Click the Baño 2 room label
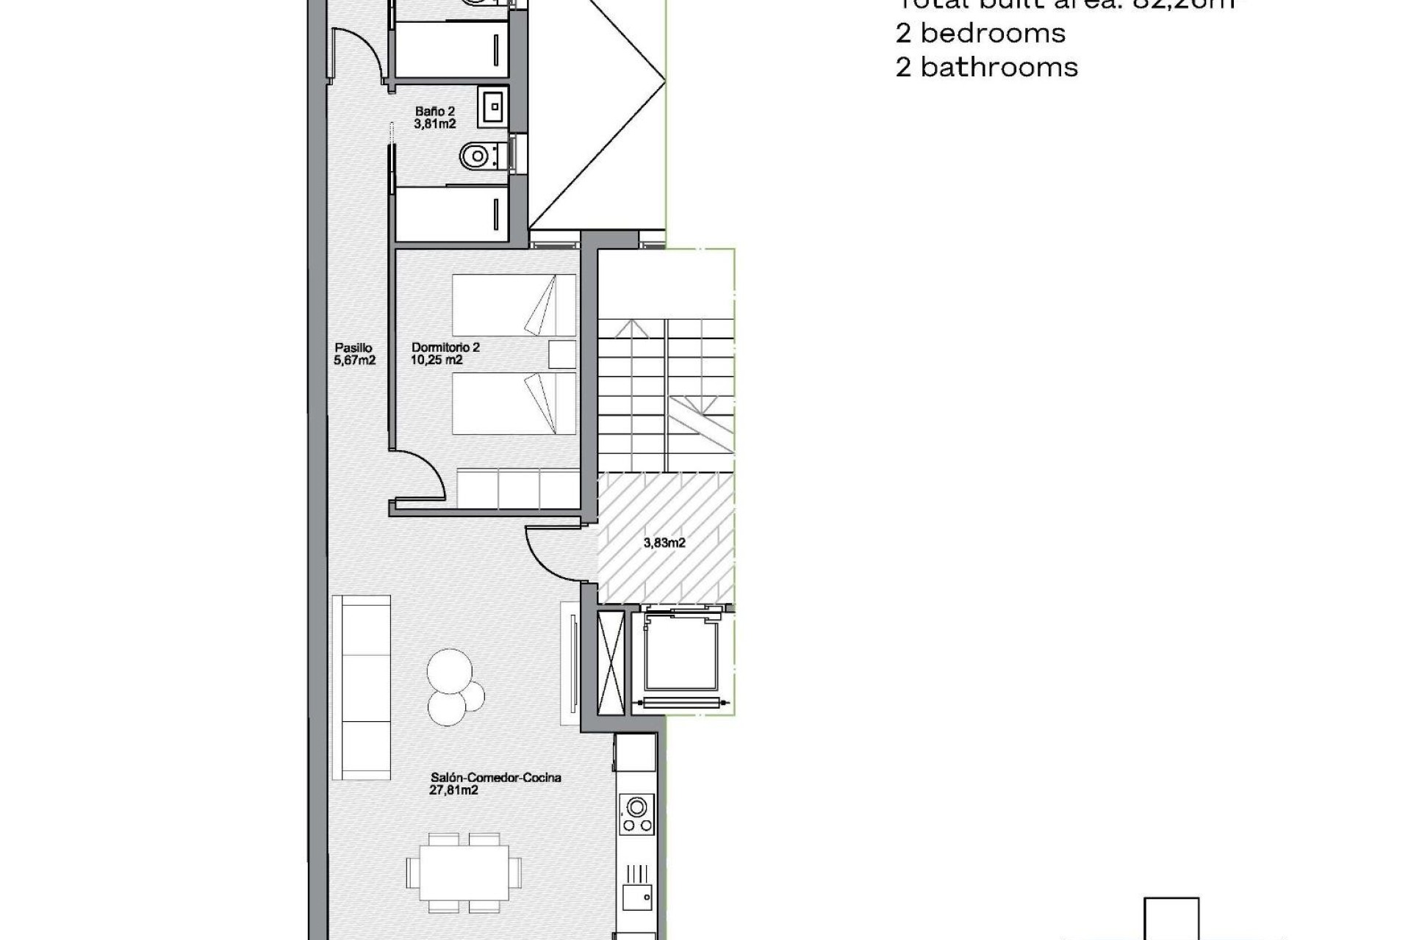click(434, 112)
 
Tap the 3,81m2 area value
click(434, 124)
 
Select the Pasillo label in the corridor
click(353, 348)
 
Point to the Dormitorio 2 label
click(445, 347)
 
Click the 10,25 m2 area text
click(437, 360)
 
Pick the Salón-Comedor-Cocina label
click(495, 778)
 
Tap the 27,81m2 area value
click(453, 790)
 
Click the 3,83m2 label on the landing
click(664, 543)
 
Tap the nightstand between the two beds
click(562, 354)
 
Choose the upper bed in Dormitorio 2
click(513, 305)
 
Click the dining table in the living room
click(464, 872)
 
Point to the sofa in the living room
click(361, 687)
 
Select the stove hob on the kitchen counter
click(636, 814)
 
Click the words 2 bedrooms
click(980, 33)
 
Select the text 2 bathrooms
click(986, 68)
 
